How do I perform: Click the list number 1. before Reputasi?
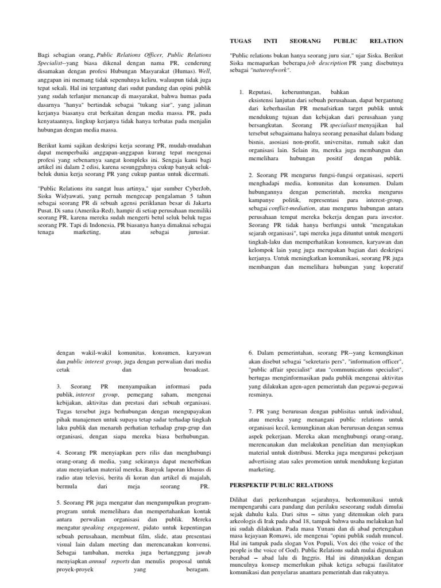pyautogui.click(x=242, y=92)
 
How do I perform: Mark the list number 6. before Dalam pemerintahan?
pyautogui.click(x=251, y=351)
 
